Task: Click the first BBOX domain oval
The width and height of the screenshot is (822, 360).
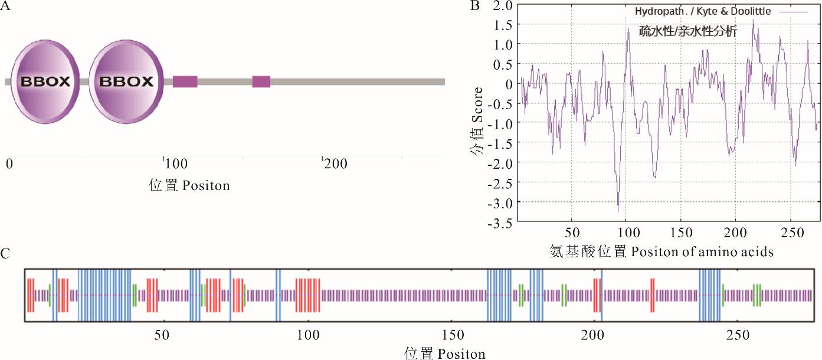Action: (45, 81)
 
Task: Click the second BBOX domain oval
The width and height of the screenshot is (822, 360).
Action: (127, 81)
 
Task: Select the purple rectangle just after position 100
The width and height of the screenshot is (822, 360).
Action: (185, 81)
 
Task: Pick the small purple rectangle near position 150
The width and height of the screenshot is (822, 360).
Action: (261, 81)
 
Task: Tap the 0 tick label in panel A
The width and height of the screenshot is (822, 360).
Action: (9, 163)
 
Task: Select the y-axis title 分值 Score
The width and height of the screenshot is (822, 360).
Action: (477, 121)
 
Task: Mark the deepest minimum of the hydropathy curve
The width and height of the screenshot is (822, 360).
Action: (618, 211)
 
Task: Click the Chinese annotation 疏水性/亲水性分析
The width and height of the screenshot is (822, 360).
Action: (688, 31)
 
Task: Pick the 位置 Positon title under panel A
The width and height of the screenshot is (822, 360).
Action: (189, 185)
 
